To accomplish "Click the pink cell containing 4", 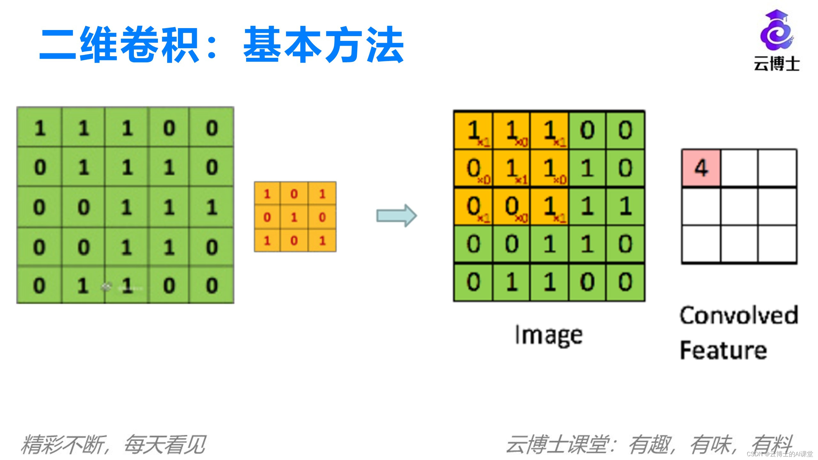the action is coord(701,168).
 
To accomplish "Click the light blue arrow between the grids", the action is coord(397,216).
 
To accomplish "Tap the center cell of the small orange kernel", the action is coord(294,217).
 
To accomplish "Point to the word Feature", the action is coord(723,350).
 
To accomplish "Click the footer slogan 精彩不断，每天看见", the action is coord(113,444).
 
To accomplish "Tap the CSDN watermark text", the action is coord(780,454).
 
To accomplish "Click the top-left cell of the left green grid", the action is coord(40,128).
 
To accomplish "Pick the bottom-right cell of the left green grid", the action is coord(212,285).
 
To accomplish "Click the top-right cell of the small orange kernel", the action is coord(322,194).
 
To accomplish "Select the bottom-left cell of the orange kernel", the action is coord(267,241).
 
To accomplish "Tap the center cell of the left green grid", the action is coord(127,207).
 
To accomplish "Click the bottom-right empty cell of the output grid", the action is coord(777,244).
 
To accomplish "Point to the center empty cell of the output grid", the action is coord(739,207).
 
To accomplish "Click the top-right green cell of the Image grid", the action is coord(625,130).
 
